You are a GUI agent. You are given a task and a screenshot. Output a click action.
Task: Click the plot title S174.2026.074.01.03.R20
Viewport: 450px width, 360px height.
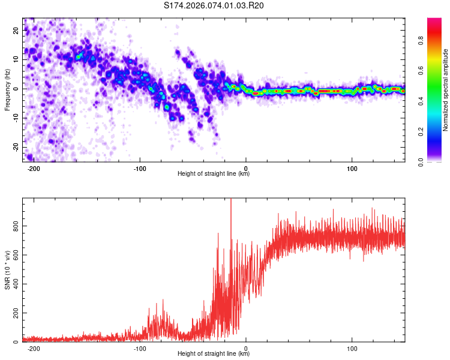214,6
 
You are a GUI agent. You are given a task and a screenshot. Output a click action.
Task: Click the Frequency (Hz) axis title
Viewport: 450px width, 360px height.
7,90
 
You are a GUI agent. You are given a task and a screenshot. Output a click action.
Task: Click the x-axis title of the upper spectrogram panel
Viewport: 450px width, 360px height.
214,174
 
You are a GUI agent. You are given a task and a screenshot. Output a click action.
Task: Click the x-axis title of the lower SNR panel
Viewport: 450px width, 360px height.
214,354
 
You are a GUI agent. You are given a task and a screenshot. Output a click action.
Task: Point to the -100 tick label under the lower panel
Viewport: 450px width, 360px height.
140,348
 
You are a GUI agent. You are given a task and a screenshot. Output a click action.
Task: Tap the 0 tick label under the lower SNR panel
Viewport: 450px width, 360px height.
246,348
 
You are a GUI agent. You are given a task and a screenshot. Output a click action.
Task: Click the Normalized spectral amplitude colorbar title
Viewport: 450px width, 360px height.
446,90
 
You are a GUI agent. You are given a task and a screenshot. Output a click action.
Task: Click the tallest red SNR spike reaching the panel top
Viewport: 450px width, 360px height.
231,204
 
